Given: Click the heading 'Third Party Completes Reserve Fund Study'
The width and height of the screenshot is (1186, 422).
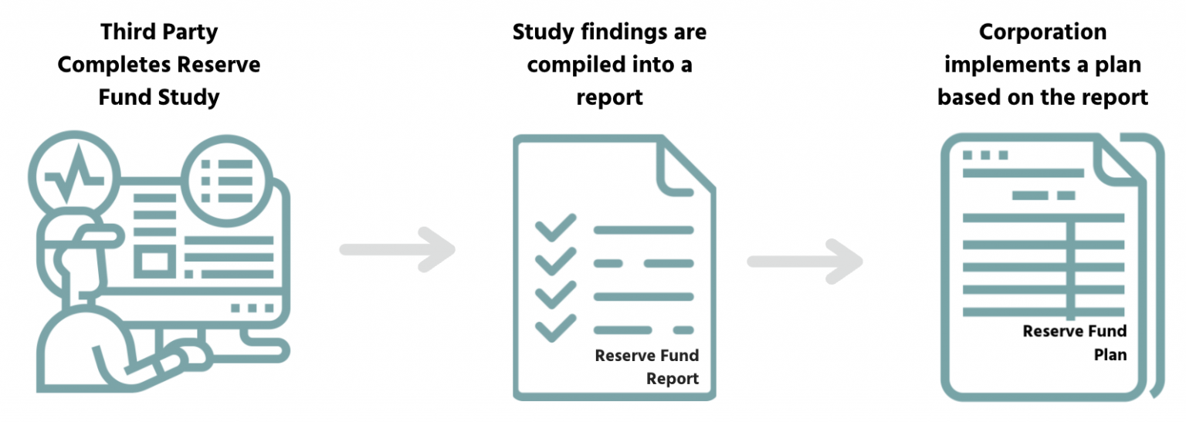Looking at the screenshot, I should point(159,65).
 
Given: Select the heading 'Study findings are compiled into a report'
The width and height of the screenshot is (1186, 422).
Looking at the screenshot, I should point(609,65).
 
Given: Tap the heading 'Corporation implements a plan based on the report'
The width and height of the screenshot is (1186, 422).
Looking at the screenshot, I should point(1042,65).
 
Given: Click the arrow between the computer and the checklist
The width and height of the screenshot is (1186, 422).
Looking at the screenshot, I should point(398,249).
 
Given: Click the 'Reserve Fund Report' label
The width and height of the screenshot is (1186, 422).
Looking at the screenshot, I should point(647,367).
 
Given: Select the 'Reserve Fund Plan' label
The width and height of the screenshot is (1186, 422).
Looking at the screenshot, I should point(1075,343).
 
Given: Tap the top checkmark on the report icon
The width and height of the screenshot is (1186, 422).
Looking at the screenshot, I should point(555,228).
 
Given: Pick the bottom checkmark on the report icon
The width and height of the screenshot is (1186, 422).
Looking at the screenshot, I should point(555,329).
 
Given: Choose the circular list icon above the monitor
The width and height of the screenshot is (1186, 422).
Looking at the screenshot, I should point(227,175).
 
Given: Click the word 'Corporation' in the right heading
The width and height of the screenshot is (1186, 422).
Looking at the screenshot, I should point(1042,32).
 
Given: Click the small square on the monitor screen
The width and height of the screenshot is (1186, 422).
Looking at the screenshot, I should point(154,262).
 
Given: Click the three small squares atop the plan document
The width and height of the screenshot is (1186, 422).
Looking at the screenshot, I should point(985,155).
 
